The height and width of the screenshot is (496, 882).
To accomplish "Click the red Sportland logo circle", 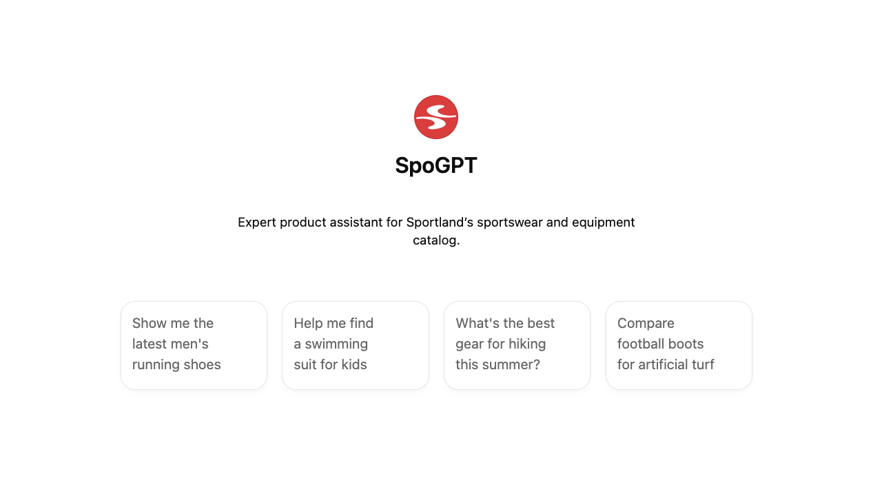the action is (436, 117).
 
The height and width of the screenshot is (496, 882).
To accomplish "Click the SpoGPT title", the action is (436, 165).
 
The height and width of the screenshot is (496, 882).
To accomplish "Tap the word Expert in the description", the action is (257, 223).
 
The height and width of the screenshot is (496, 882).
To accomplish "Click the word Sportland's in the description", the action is (440, 223).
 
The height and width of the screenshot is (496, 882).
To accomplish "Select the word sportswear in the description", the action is (510, 223).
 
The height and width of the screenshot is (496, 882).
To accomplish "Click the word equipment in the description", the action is (603, 223).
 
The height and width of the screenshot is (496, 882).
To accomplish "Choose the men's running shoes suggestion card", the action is (194, 345).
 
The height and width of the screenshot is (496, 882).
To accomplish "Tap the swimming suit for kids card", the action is (355, 345).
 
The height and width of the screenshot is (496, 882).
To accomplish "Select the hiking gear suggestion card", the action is (517, 345).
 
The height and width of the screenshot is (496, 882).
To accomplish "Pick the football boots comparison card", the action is (679, 345).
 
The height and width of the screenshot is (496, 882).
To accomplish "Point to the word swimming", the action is (336, 344).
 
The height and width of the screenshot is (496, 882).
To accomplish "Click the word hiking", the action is (527, 344).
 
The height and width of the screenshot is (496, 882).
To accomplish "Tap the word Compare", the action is (646, 324).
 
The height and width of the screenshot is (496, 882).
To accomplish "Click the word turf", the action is (703, 364).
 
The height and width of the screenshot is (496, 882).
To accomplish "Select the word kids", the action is (354, 364).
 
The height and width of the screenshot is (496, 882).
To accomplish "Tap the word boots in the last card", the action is (686, 344).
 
